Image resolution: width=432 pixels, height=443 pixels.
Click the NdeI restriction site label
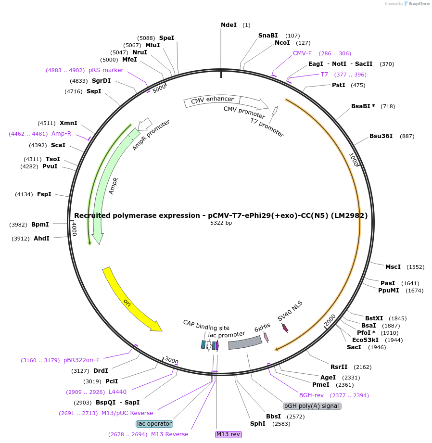(x=229, y=25)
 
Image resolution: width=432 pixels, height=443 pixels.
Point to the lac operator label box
(x=154, y=424)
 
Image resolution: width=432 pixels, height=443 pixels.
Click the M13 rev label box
(x=228, y=434)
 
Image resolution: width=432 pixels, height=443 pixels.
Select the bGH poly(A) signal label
(x=312, y=406)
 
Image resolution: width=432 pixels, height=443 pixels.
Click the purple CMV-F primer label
(x=302, y=53)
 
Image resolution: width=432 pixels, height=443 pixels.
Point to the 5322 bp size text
(x=221, y=223)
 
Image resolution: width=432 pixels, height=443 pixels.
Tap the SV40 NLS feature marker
(x=285, y=328)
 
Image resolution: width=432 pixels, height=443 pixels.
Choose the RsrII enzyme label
(x=339, y=367)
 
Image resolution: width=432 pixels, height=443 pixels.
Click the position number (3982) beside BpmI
(x=19, y=225)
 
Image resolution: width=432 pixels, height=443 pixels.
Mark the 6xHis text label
(x=262, y=329)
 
